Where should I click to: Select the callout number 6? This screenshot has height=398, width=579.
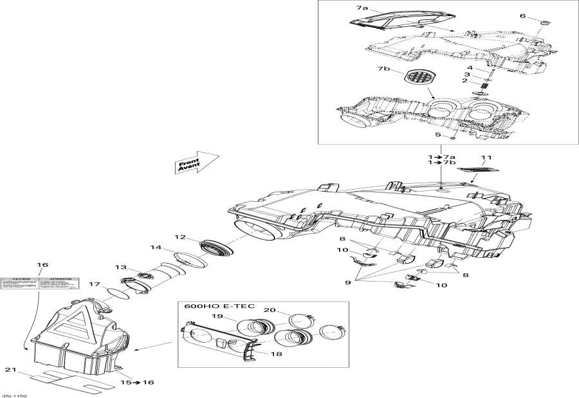pyautogui.click(x=522, y=16)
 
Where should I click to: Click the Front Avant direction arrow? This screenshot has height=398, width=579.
pyautogui.click(x=196, y=163)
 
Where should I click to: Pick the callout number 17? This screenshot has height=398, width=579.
pyautogui.click(x=94, y=284)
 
